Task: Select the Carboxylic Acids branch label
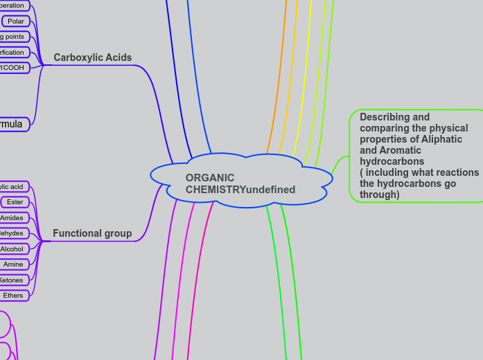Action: (x=92, y=57)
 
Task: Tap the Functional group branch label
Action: (x=92, y=233)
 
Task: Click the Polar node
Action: (x=16, y=21)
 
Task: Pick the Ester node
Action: (x=15, y=202)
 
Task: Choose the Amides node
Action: (x=12, y=218)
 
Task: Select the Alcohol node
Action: (x=12, y=249)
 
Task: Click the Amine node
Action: (x=14, y=264)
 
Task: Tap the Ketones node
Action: (x=12, y=280)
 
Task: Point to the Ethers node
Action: (x=14, y=296)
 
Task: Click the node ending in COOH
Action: (x=12, y=67)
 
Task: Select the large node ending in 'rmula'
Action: (x=12, y=125)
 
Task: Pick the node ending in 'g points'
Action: (x=12, y=37)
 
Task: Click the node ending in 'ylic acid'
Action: (x=12, y=187)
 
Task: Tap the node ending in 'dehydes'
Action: (x=12, y=233)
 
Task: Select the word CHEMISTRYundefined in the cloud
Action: (x=240, y=190)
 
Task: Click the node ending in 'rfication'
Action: (x=12, y=52)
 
